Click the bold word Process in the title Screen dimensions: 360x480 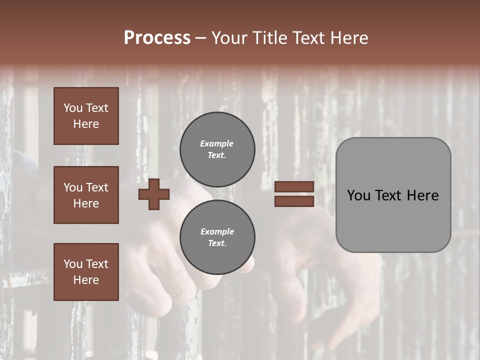tap(157, 38)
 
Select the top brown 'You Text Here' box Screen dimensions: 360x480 tap(86, 116)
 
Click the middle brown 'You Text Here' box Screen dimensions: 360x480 tap(86, 195)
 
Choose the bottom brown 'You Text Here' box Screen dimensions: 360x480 tap(86, 272)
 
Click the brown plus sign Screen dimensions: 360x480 tap(154, 194)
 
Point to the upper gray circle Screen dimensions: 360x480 tap(217, 149)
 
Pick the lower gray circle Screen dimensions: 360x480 tap(217, 237)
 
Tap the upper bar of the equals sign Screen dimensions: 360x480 tap(294, 187)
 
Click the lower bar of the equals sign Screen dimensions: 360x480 tap(294, 201)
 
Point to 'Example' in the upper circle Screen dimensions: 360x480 tap(216, 143)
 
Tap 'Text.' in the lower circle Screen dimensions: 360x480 tap(217, 243)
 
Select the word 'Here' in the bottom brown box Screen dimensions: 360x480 tap(86, 280)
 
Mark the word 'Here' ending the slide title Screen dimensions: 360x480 tap(349, 38)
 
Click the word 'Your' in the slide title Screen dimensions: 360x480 tap(230, 38)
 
